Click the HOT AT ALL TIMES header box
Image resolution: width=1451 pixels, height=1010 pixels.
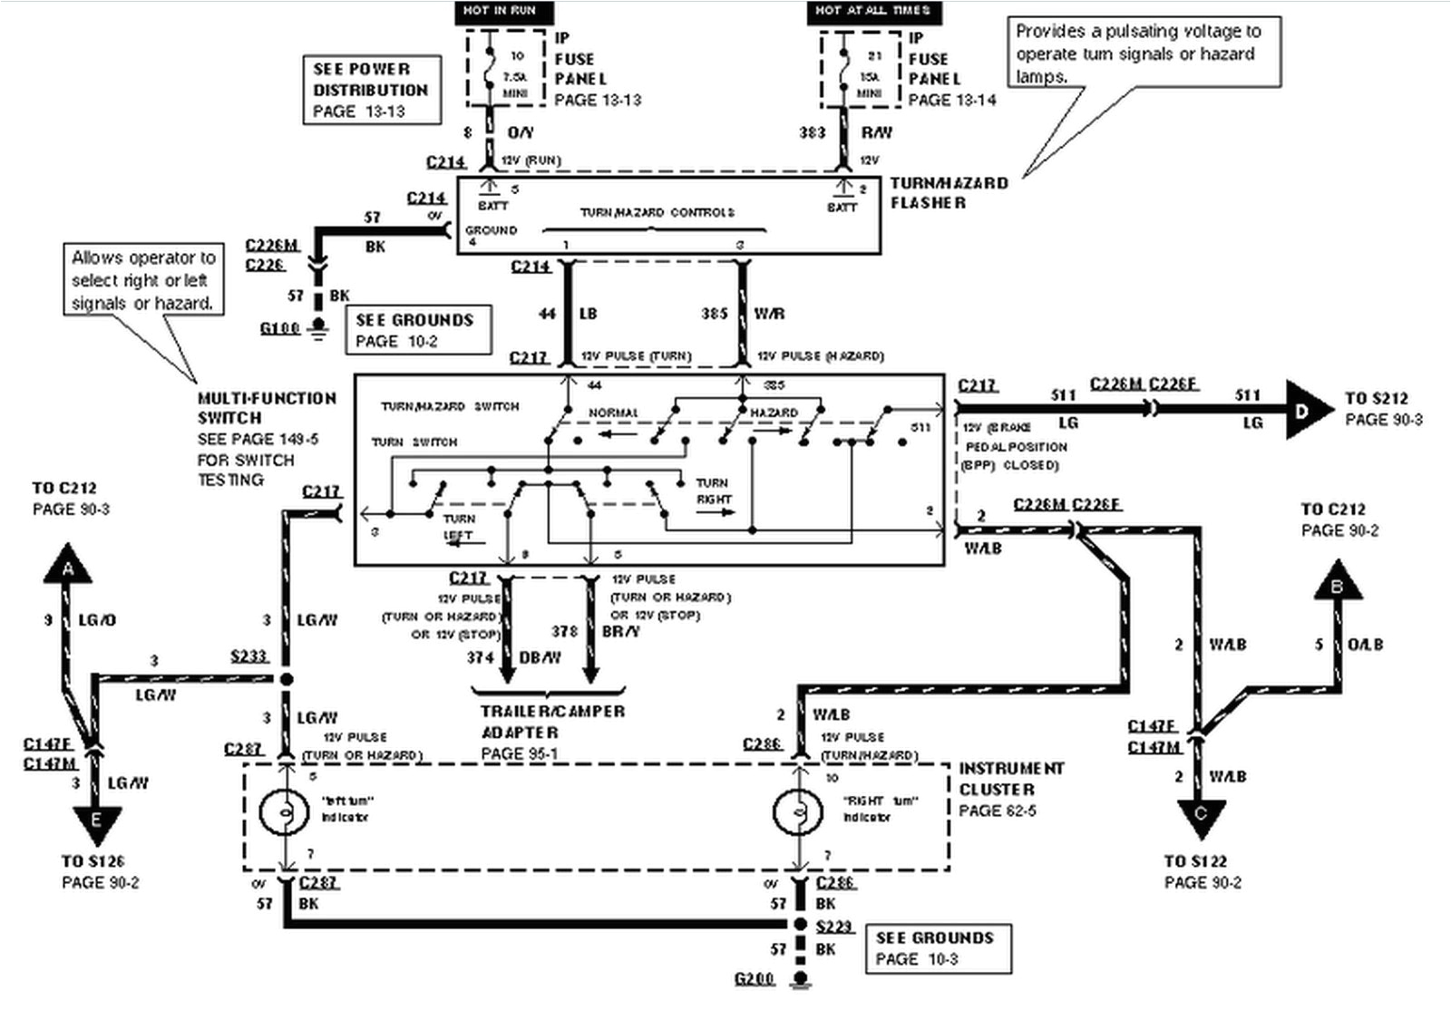tap(872, 12)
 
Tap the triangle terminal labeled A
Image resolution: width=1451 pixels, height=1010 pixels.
tap(68, 567)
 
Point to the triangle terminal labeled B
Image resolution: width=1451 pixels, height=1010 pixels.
tap(1337, 583)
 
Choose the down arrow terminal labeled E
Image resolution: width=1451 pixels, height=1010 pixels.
tap(95, 821)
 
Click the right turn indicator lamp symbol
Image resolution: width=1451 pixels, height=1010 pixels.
tap(798, 812)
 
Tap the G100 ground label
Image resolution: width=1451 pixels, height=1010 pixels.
tap(279, 327)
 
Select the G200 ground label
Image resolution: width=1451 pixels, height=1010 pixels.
tap(755, 979)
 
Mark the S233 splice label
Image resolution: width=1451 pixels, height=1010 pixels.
tap(248, 655)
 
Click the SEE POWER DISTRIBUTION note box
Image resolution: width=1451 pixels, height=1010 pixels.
tap(371, 90)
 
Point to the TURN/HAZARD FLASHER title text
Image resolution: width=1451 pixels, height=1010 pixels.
tap(948, 192)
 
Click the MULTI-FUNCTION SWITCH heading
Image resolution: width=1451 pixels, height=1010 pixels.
tap(267, 408)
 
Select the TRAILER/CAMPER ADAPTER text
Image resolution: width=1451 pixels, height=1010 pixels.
tap(552, 722)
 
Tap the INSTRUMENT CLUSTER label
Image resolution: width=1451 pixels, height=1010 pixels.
tap(1011, 779)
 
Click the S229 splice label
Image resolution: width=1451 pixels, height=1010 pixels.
tap(834, 926)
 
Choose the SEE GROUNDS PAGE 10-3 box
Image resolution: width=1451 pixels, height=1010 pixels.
tap(938, 948)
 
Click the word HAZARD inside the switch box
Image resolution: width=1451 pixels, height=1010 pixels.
tap(774, 413)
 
